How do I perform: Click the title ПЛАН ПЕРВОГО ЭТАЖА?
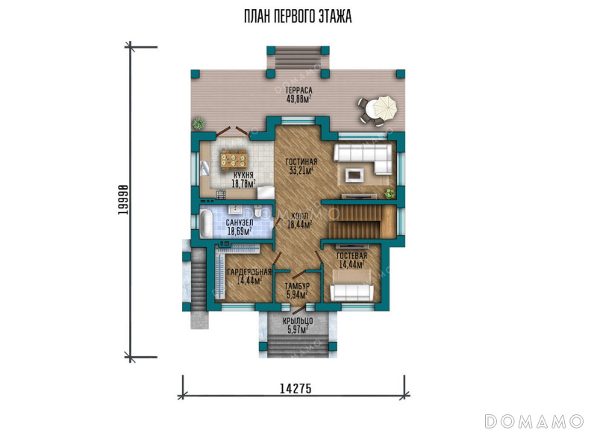coord(298,16)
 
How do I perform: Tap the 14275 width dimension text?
coord(296,388)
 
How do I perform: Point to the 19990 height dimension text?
coord(122,199)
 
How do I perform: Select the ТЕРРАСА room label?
coord(299,90)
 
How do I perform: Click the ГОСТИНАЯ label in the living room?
coord(301,162)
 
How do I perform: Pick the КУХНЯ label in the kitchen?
coord(244,175)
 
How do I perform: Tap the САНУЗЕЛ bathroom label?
coord(240,222)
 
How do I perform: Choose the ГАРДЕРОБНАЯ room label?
coord(249,272)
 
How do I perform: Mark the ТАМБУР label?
coord(297,286)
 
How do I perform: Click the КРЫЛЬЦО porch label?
coord(298,321)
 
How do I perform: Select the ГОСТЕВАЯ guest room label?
coord(351,255)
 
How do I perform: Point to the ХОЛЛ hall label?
coord(300,216)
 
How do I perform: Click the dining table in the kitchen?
coord(234,159)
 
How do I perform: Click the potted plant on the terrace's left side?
coord(199,123)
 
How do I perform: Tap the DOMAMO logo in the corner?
coord(534,421)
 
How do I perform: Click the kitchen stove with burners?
coord(221,195)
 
